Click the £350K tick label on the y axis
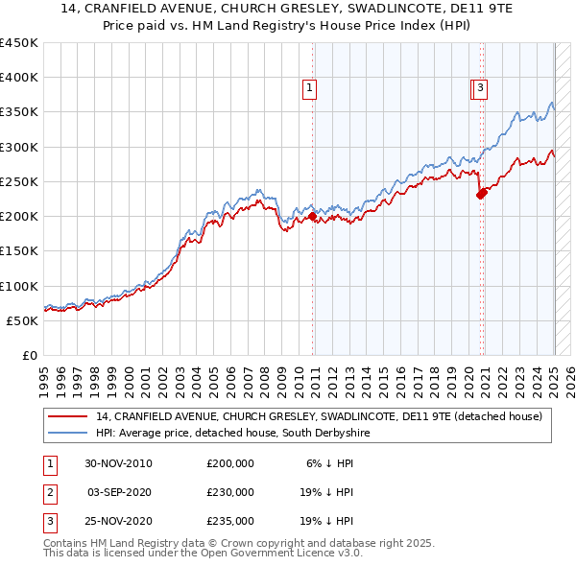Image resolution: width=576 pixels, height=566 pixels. click(18, 112)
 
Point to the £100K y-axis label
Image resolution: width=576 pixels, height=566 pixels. click(18, 286)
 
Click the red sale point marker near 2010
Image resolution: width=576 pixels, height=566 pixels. click(313, 216)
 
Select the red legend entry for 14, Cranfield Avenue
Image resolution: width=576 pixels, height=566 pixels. click(319, 416)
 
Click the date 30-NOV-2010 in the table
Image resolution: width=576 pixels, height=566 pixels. click(119, 463)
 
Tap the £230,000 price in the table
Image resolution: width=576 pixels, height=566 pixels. click(230, 492)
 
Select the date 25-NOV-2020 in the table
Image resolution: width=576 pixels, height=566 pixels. click(119, 521)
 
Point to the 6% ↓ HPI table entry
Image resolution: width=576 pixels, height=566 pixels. click(329, 463)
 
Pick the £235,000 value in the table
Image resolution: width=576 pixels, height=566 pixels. click(230, 521)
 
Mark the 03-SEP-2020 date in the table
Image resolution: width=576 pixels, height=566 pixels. click(119, 492)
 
